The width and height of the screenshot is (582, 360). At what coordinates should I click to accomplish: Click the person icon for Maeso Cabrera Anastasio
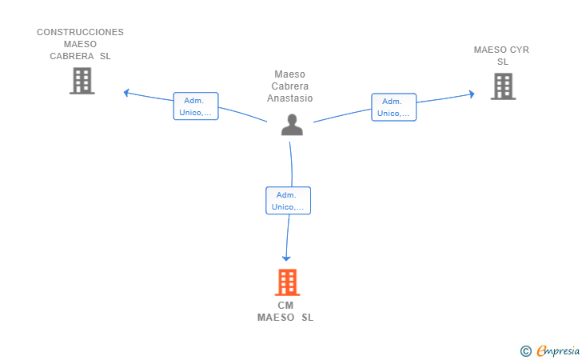(292, 125)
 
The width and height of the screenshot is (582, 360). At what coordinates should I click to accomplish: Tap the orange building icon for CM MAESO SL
(287, 282)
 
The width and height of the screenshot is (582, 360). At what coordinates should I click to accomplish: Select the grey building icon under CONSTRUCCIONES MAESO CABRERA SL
(82, 81)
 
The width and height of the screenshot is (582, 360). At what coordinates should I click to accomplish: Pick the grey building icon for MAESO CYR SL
(504, 86)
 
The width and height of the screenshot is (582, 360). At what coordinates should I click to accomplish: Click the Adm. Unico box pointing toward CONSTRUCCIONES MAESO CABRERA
(196, 106)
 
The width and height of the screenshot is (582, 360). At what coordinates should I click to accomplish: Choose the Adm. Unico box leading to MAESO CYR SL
(394, 107)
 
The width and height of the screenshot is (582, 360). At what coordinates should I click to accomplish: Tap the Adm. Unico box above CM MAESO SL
(288, 201)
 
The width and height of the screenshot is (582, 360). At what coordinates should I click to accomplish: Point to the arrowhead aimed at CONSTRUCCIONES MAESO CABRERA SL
(126, 93)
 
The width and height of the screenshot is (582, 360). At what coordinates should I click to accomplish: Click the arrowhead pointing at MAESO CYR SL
(472, 94)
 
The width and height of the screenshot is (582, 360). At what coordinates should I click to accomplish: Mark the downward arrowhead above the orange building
(286, 258)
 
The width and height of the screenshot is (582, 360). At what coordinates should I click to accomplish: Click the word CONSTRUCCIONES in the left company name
(80, 32)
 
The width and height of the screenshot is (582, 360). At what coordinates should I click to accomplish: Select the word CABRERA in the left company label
(72, 56)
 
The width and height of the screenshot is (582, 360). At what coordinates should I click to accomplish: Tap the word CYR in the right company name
(520, 50)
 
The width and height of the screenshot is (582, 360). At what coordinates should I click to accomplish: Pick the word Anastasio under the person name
(290, 98)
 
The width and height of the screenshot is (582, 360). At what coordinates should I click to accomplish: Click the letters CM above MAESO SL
(285, 306)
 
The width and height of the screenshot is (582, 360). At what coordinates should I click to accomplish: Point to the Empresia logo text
(558, 350)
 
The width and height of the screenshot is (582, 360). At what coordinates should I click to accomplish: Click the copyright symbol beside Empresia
(526, 351)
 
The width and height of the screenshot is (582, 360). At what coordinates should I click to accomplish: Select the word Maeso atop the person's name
(290, 74)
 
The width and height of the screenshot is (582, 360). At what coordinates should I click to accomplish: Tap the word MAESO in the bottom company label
(276, 318)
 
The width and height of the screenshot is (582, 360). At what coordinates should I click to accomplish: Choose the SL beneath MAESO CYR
(503, 62)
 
